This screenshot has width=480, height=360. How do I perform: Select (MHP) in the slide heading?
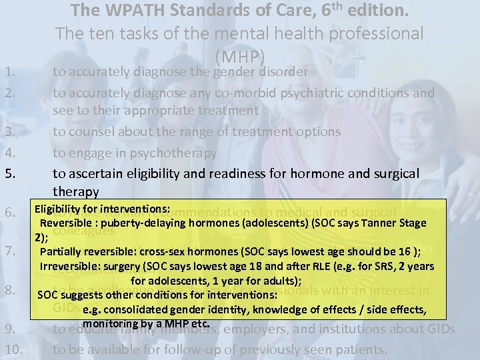(240, 56)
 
